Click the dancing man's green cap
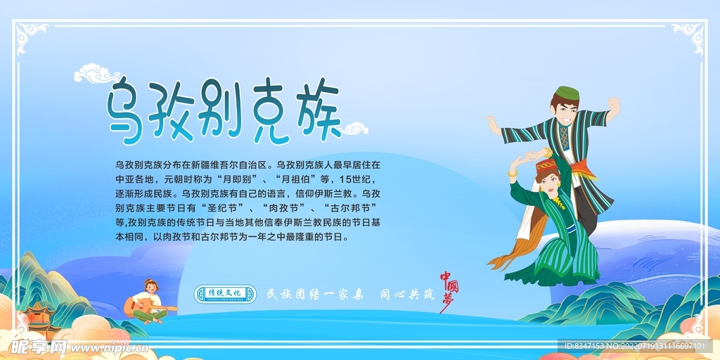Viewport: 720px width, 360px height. click(567, 93)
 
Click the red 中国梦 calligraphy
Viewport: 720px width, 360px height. click(449, 288)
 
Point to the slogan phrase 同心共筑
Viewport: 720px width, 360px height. click(407, 294)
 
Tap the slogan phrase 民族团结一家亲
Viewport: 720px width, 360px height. click(315, 294)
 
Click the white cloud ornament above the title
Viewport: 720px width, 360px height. click(97, 72)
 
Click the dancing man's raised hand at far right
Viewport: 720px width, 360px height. click(613, 105)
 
